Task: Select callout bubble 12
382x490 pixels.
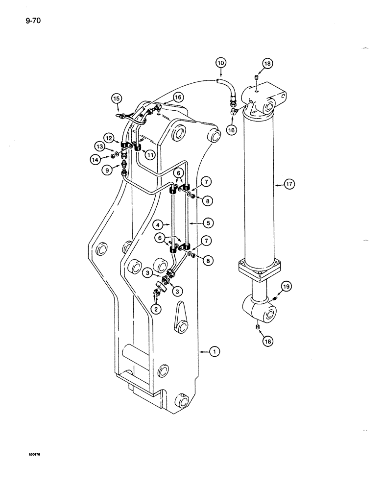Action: click(x=109, y=139)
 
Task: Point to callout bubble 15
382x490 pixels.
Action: click(x=116, y=99)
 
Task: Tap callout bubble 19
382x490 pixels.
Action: click(x=286, y=286)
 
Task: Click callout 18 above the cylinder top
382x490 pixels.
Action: click(x=266, y=63)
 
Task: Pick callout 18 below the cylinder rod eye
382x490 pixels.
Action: click(x=267, y=341)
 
